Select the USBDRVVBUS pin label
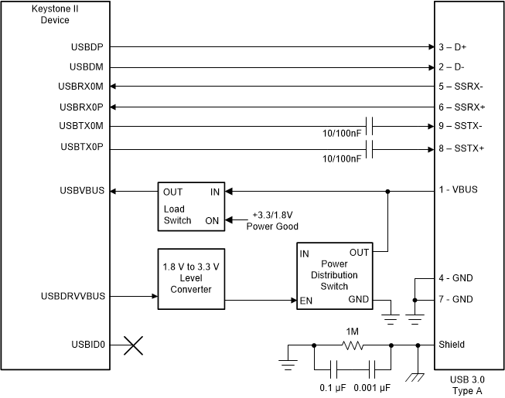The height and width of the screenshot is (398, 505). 84,296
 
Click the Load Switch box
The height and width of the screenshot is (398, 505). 189,206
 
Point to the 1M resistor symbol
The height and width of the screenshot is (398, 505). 353,345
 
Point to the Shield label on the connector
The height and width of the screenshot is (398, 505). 452,345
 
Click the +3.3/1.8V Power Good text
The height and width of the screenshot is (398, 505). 272,220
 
